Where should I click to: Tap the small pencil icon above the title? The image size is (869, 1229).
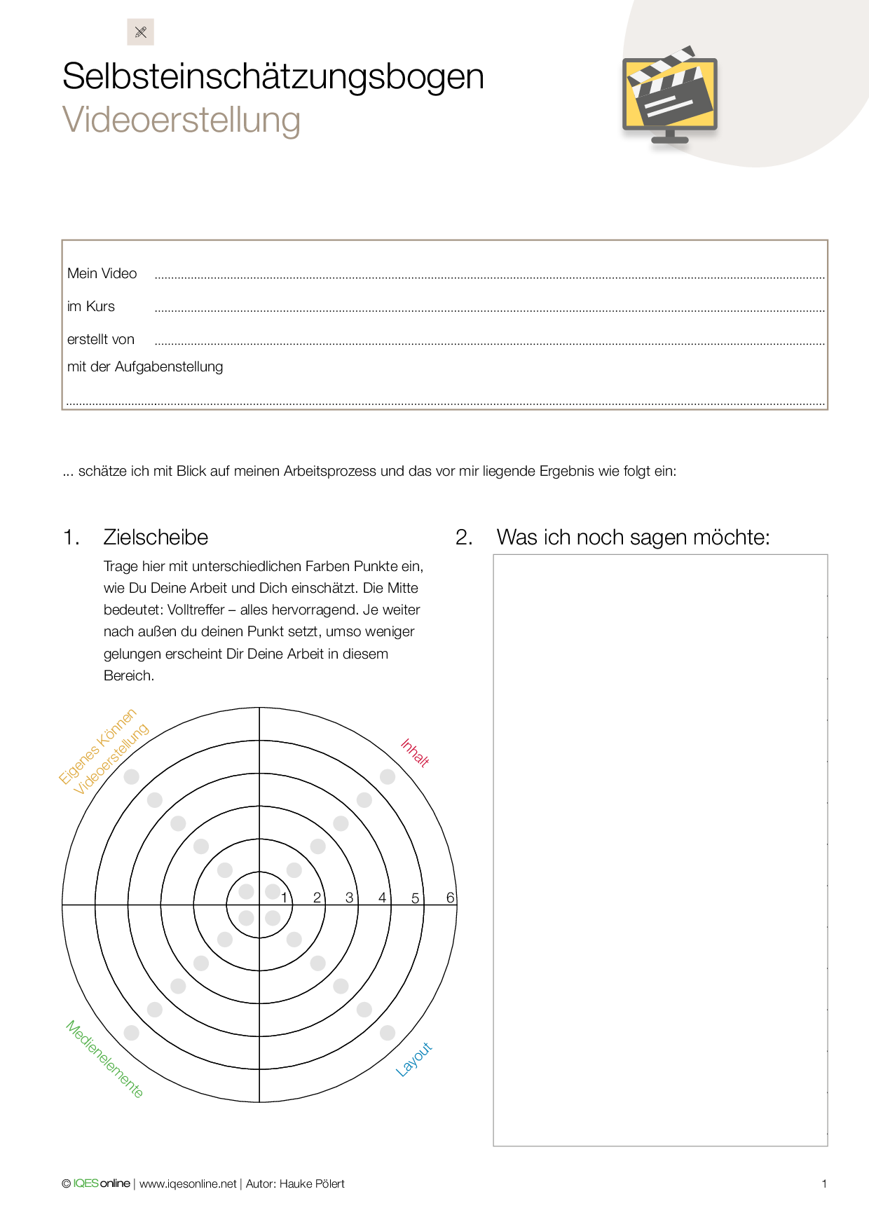pyautogui.click(x=140, y=32)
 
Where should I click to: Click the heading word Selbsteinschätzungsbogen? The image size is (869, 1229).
pyautogui.click(x=273, y=76)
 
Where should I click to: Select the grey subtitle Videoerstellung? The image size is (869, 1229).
pyautogui.click(x=182, y=120)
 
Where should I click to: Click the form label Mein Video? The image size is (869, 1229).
pyautogui.click(x=102, y=273)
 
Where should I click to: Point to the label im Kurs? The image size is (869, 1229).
pyautogui.click(x=91, y=306)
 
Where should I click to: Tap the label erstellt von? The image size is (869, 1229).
pyautogui.click(x=101, y=339)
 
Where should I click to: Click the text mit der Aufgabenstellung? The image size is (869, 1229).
pyautogui.click(x=145, y=366)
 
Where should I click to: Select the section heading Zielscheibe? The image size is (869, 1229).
pyautogui.click(x=156, y=537)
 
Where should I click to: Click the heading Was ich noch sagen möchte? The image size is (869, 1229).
pyautogui.click(x=633, y=537)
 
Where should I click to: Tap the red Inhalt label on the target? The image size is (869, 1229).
pyautogui.click(x=415, y=753)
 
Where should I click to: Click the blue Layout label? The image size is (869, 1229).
pyautogui.click(x=414, y=1059)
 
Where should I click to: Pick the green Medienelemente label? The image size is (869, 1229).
pyautogui.click(x=105, y=1059)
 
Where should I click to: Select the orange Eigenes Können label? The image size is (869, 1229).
pyautogui.click(x=97, y=747)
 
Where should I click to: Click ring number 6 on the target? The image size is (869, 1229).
pyautogui.click(x=451, y=898)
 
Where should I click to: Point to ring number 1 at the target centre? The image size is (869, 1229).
pyautogui.click(x=284, y=898)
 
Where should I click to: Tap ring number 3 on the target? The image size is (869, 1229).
pyautogui.click(x=349, y=898)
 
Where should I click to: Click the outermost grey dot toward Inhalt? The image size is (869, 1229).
pyautogui.click(x=388, y=776)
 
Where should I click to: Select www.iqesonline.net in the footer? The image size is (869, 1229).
pyautogui.click(x=188, y=1183)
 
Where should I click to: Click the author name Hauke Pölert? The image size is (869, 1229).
pyautogui.click(x=312, y=1183)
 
